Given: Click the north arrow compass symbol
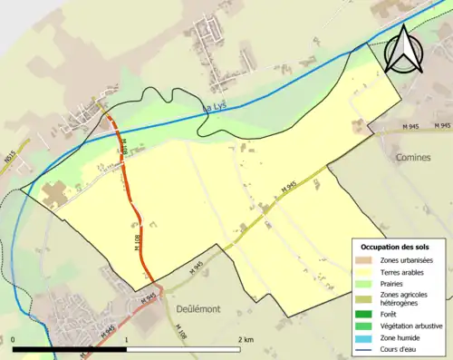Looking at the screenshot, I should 403,49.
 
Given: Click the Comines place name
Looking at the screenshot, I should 413,157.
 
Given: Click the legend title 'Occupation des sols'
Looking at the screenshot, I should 401,247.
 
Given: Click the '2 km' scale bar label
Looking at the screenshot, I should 245,339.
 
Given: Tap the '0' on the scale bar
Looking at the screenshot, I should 14,339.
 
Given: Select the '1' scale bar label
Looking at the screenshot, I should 126,339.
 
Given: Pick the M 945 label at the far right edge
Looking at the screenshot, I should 441,124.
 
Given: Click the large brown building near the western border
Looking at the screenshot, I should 53,191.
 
